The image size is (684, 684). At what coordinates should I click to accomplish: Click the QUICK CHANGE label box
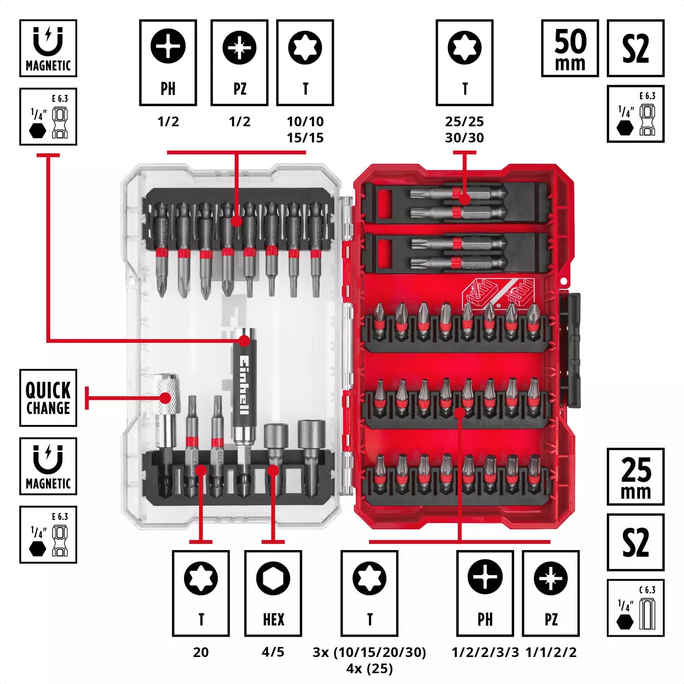[x=48, y=398]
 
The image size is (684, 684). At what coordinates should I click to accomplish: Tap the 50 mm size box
[x=570, y=48]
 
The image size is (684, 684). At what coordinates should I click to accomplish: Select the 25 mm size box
[x=635, y=477]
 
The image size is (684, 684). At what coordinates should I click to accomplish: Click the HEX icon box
[x=273, y=593]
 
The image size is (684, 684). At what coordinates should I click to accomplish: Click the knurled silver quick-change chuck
[x=166, y=393]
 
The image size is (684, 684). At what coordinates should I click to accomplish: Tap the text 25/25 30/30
[x=464, y=130]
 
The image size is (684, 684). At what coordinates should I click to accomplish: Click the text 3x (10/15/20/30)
[x=369, y=652]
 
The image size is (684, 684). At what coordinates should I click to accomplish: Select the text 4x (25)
[x=369, y=669]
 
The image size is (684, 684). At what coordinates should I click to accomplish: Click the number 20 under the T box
[x=201, y=652]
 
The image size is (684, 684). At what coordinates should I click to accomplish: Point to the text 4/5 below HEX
[x=273, y=652]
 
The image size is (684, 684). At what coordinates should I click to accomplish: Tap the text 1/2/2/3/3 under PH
[x=485, y=652]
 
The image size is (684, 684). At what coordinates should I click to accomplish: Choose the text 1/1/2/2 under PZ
[x=551, y=652]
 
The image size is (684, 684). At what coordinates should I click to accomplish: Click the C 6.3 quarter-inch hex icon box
[x=635, y=608]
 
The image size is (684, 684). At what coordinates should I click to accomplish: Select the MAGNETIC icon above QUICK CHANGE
[x=48, y=466]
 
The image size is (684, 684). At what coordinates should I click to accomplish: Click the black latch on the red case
[x=573, y=350]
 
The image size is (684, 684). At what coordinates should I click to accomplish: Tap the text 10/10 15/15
[x=305, y=130]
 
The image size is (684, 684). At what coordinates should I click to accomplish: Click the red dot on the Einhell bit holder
[x=244, y=340]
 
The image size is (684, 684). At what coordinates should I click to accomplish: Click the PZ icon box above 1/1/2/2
[x=551, y=593]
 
